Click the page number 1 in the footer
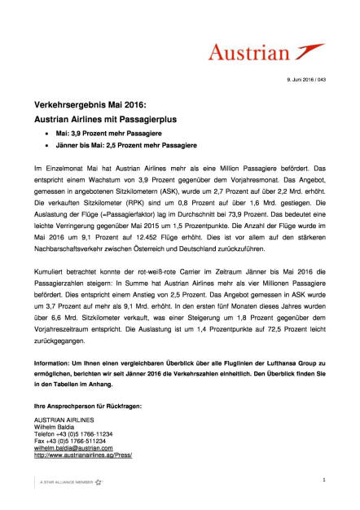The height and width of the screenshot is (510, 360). coord(324,481)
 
